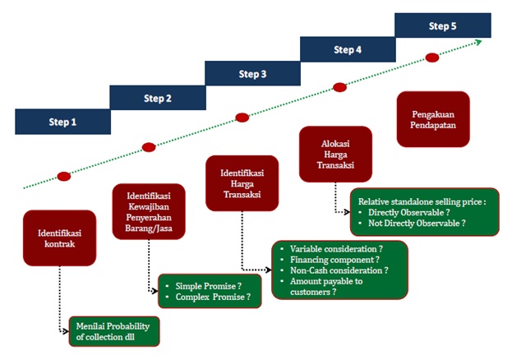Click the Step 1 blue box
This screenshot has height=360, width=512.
click(62, 122)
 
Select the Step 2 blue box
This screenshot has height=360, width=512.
click(158, 99)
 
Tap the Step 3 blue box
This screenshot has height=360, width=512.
click(252, 74)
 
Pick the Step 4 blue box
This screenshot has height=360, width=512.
click(347, 50)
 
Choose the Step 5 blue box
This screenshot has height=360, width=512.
click(442, 25)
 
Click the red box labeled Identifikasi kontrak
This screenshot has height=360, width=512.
click(59, 238)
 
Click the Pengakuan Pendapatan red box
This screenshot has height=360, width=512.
click(432, 119)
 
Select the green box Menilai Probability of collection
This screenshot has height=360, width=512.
click(114, 330)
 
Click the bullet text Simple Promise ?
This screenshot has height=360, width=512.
click(209, 285)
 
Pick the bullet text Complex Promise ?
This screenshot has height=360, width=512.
click(213, 297)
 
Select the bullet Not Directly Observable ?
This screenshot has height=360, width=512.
click(417, 224)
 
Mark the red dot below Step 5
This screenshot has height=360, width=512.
click(432, 57)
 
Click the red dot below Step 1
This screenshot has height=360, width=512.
click(64, 176)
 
